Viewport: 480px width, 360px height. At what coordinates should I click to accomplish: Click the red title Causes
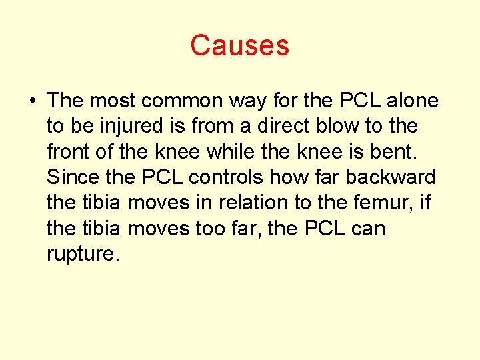point(239,45)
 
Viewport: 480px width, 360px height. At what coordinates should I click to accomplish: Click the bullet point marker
point(32,101)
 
